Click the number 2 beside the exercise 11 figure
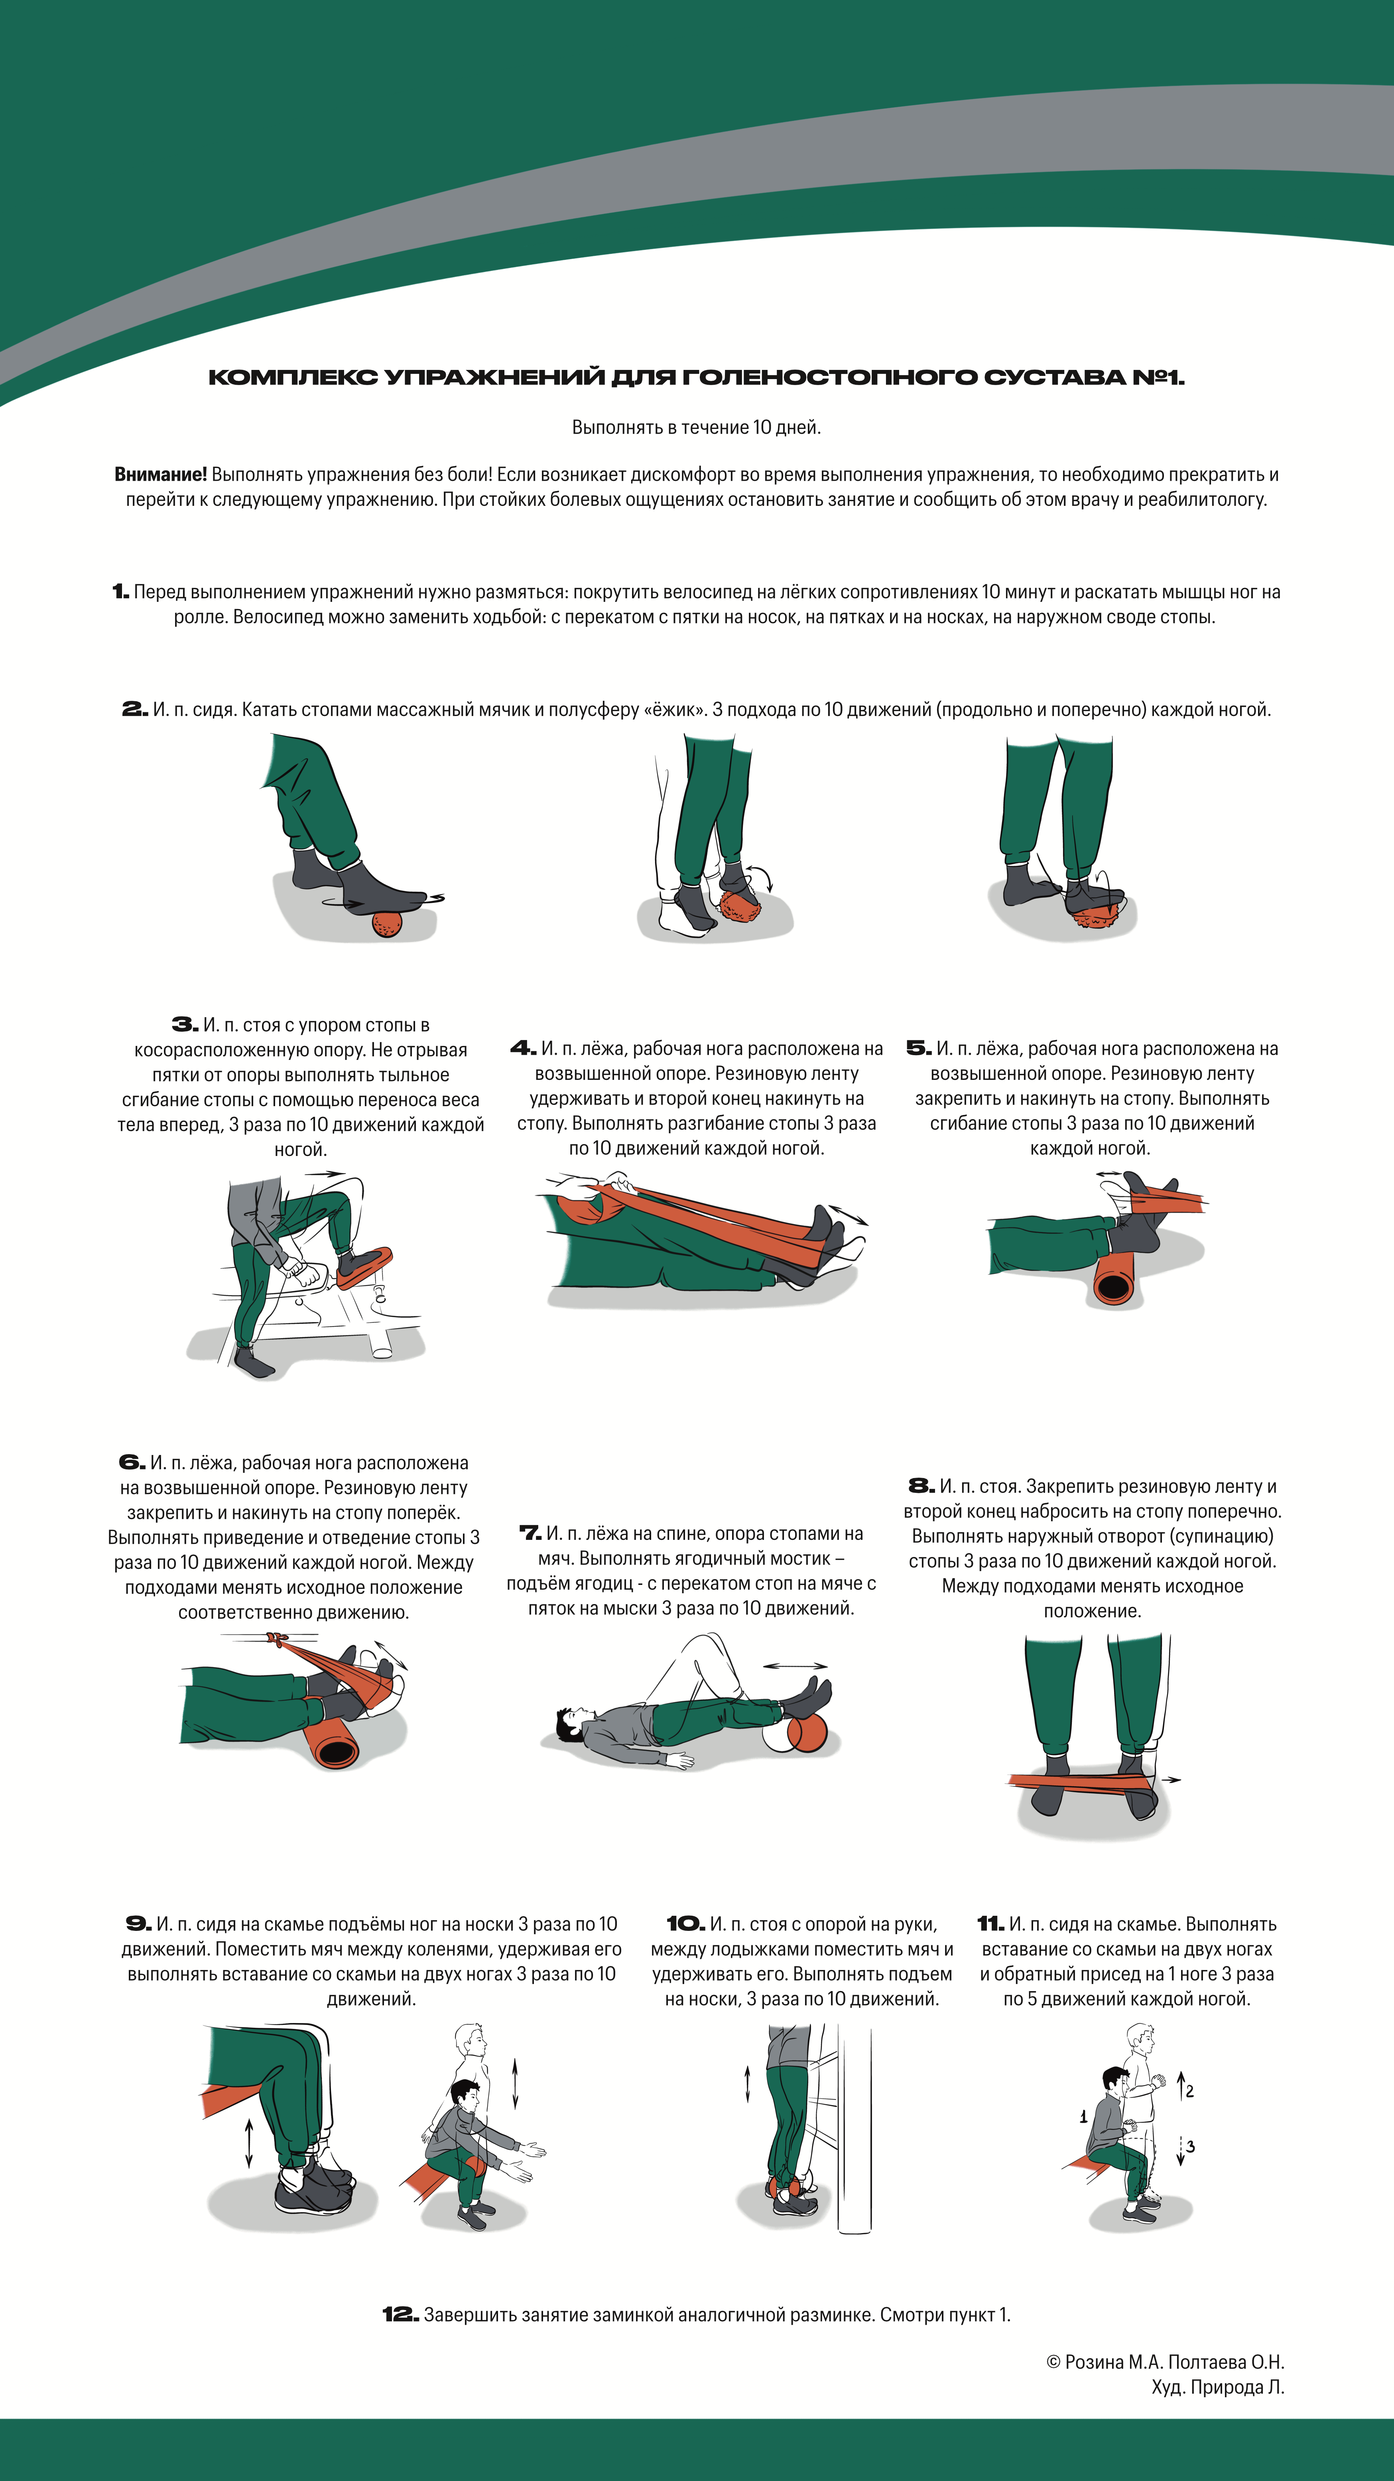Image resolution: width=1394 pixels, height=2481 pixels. click(x=1190, y=2091)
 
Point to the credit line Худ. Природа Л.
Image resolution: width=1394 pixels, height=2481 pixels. click(x=1218, y=2387)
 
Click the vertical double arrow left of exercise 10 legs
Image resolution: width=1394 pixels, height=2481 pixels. click(x=748, y=2083)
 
